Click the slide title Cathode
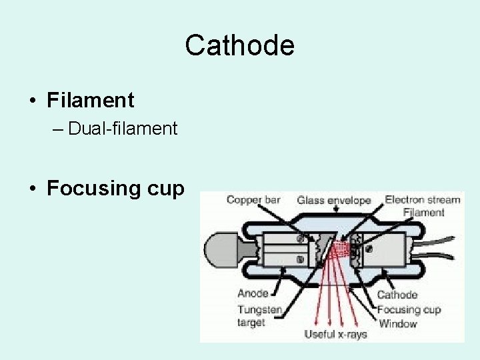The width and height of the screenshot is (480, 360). pos(239,46)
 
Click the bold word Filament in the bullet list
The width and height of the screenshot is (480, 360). pos(91,101)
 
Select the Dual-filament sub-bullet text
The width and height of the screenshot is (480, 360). pos(123,129)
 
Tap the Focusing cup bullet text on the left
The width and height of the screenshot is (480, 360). pos(115,189)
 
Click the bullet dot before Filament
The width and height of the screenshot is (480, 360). pos(33,101)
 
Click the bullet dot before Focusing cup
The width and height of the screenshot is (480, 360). pos(33,189)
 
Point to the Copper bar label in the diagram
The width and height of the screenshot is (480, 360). pos(253,199)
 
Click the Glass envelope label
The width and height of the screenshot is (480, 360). pos(334,200)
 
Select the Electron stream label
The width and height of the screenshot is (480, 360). pos(423,199)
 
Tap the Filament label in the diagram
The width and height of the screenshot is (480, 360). pos(423,212)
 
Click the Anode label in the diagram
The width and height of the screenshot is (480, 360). pos(253,293)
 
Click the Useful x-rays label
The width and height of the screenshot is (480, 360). pos(335,334)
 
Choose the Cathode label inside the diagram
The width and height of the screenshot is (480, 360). pos(397,295)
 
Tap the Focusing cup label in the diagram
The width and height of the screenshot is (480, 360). pos(409,309)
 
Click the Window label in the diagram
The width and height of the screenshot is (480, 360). pos(397,323)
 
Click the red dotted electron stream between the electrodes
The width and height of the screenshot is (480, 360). pos(341,249)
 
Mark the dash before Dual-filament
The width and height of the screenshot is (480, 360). pos(56,129)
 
